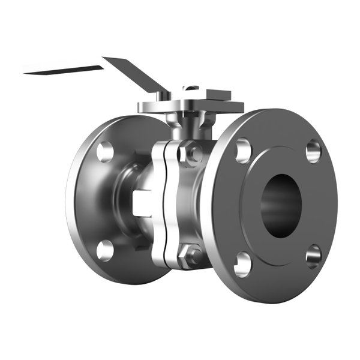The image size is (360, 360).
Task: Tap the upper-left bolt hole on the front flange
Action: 243,151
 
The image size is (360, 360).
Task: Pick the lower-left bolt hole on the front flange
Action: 243,263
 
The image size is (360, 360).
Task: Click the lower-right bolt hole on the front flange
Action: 313,256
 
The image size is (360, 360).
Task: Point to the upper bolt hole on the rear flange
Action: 105,151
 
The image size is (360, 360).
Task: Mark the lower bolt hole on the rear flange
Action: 105,249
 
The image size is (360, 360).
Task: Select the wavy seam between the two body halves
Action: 163,204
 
